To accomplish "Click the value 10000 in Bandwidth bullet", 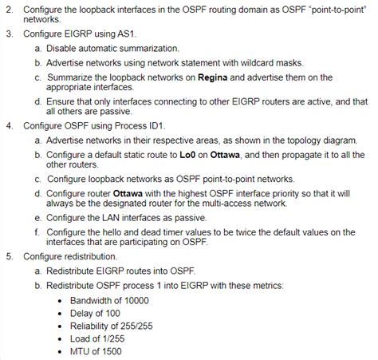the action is (139, 300).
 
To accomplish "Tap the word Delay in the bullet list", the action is (83, 313).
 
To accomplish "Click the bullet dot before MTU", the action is (63, 351).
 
